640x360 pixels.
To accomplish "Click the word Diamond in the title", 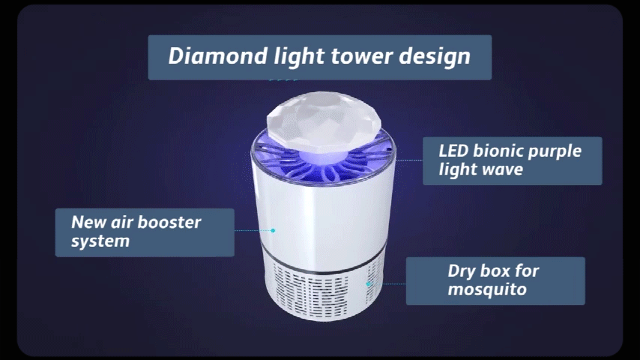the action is click(x=218, y=55).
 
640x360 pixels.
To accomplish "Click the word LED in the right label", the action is click(x=453, y=151).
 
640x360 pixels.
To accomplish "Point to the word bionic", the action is click(x=498, y=151).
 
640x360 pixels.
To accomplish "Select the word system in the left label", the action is click(x=100, y=241).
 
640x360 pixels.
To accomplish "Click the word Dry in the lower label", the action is click(x=461, y=271).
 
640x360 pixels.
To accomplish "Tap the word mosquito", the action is click(x=487, y=289).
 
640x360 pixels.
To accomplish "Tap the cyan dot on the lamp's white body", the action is click(x=273, y=230).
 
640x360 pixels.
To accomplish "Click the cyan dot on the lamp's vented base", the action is click(x=368, y=283).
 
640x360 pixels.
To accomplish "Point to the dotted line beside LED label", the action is click(x=409, y=160).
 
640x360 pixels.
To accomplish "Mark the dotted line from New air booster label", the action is click(x=253, y=230).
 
